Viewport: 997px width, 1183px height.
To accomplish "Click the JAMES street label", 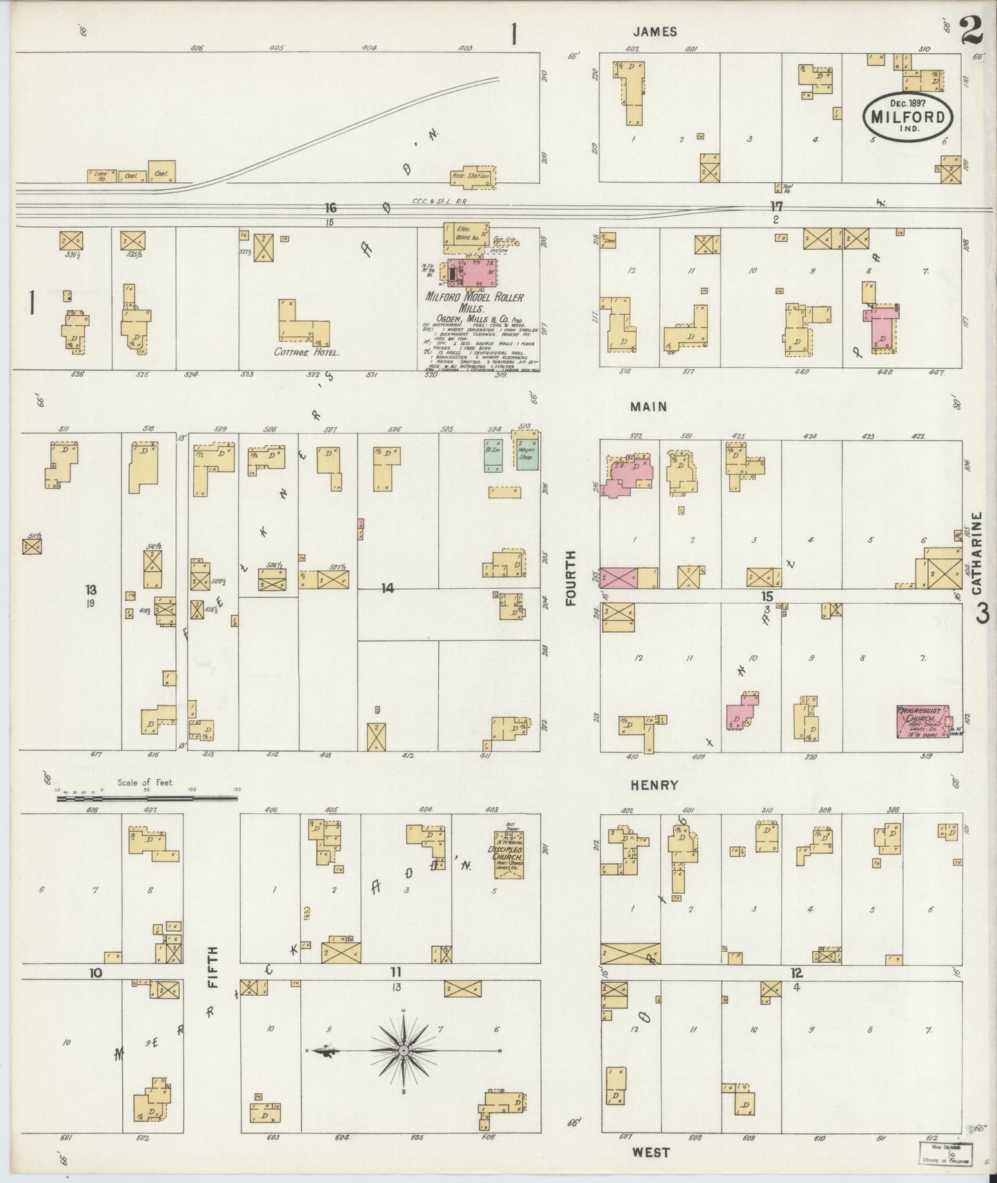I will click(x=655, y=32).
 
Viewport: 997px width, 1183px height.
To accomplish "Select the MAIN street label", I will click(x=649, y=407).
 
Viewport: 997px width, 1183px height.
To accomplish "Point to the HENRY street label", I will click(x=654, y=785).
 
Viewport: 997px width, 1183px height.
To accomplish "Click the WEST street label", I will click(x=651, y=1152).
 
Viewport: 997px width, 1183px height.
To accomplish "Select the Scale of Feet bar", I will click(x=147, y=798).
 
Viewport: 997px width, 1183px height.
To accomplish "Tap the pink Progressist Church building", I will click(x=921, y=721).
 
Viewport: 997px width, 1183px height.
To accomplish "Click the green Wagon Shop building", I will click(x=526, y=453).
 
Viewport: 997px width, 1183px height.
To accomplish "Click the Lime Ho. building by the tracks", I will click(x=101, y=176).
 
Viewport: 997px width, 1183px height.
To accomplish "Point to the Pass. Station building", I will click(x=472, y=177).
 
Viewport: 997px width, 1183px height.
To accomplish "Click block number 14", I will click(x=388, y=588).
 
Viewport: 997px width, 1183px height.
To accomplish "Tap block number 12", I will click(x=796, y=972).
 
